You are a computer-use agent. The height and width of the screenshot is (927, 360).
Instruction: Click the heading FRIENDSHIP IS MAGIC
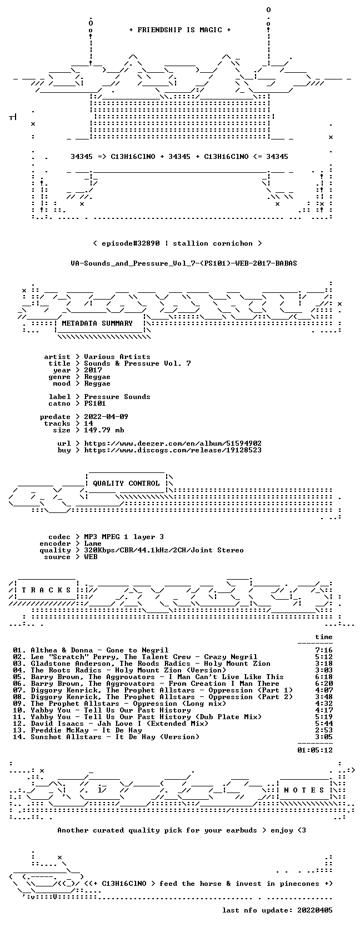click(180, 30)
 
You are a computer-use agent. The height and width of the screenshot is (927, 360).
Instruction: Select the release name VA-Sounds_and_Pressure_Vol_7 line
click(184, 263)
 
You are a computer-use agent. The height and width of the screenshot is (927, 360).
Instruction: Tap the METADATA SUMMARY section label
click(97, 323)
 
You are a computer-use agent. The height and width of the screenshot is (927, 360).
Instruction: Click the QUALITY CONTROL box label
click(126, 484)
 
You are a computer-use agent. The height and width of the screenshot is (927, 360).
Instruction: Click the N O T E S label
click(304, 790)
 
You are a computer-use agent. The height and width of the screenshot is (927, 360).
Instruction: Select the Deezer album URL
click(173, 443)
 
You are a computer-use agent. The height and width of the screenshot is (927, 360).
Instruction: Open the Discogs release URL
click(173, 450)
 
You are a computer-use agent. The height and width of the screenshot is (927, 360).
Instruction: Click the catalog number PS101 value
click(95, 403)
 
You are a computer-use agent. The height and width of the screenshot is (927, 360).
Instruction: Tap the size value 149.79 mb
click(104, 430)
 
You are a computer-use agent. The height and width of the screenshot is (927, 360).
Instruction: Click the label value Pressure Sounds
click(117, 397)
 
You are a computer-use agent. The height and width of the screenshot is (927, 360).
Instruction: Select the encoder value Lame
click(93, 544)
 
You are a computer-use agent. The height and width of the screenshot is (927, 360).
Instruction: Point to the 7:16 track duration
click(323, 651)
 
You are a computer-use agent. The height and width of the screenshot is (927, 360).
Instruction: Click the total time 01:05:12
click(315, 750)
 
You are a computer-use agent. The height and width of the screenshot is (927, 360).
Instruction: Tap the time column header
click(323, 637)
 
